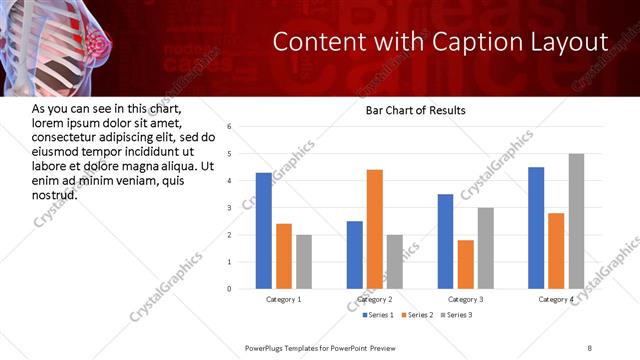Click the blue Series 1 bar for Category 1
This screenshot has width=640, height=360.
[264, 231]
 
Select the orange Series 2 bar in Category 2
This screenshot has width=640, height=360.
[375, 229]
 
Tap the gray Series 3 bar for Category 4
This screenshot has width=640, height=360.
[576, 221]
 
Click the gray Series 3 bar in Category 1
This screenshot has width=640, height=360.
[304, 262]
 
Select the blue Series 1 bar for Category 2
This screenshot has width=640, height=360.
[355, 255]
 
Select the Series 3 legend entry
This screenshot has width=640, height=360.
[456, 316]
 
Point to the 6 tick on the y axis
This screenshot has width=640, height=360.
[230, 127]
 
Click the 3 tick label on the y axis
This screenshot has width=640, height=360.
[230, 208]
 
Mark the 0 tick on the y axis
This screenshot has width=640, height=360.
[230, 289]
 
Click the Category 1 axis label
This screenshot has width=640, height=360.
[284, 299]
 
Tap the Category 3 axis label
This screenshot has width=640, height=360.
[466, 299]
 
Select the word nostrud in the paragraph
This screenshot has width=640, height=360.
[55, 194]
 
